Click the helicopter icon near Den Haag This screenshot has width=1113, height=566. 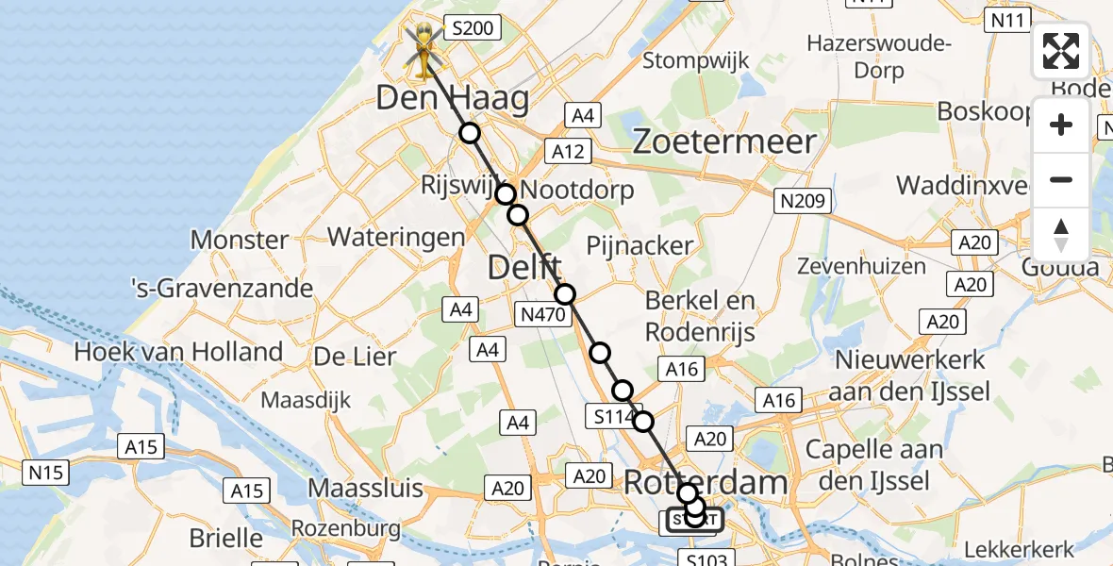[x=422, y=49]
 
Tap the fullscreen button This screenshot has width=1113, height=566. [x=1061, y=51]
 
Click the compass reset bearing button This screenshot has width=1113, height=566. [x=1061, y=234]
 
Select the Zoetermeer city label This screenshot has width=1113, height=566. [x=724, y=141]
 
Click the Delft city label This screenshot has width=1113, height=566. [x=525, y=268]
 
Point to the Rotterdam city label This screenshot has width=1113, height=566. [x=706, y=482]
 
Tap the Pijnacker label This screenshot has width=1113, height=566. [x=640, y=245]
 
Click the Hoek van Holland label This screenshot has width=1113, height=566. [x=178, y=352]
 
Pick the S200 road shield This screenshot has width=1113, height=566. [x=472, y=28]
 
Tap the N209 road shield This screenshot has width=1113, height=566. [x=802, y=200]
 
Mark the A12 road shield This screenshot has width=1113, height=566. [x=569, y=151]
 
